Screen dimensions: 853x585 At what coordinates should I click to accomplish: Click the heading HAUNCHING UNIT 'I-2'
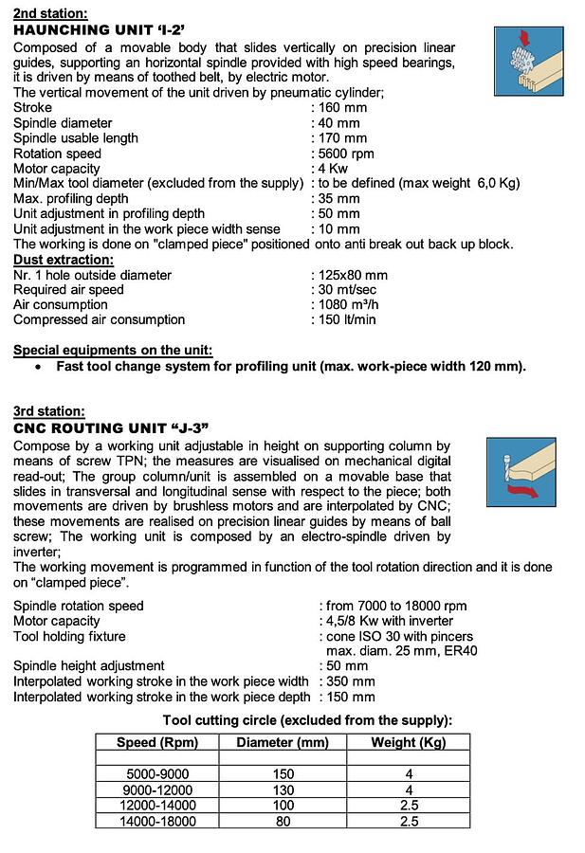110,30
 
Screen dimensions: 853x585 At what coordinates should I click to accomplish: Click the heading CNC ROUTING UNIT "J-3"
111,428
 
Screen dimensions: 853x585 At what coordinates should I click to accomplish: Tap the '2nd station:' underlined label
49,13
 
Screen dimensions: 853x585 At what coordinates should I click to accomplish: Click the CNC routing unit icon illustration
520,468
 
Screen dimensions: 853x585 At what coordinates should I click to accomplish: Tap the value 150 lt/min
347,320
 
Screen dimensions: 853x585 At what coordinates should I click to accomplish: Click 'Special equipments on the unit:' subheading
113,351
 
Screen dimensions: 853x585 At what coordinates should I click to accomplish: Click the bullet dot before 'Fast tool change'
37,367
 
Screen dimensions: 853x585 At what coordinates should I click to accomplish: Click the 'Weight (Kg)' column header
408,742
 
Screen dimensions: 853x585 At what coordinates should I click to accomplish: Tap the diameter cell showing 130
283,790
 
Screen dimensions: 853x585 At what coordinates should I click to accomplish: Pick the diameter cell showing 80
283,822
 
